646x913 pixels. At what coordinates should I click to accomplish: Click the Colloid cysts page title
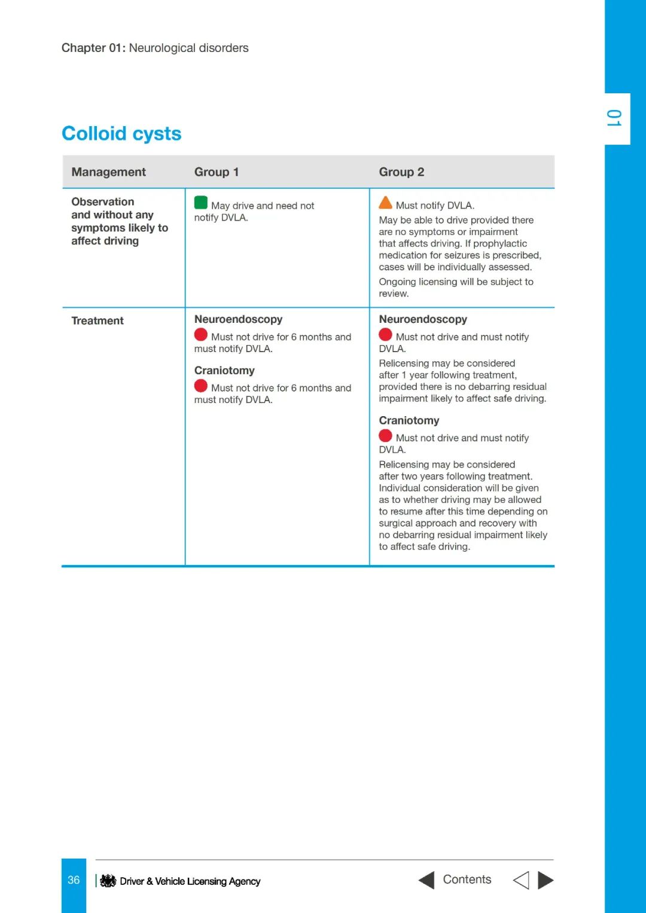121,133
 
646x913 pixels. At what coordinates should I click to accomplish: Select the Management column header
108,172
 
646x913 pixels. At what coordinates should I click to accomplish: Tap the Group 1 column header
216,172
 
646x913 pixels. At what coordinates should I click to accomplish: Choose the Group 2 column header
401,172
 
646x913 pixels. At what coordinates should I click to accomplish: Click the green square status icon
201,203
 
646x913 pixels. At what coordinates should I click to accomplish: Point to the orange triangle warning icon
385,203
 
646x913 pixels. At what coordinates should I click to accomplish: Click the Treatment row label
97,320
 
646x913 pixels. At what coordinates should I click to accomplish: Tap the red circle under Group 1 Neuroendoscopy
201,335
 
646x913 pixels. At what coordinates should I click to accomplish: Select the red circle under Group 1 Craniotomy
201,386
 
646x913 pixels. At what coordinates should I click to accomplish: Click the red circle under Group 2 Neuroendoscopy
385,335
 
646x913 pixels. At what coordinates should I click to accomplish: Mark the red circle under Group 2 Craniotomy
385,436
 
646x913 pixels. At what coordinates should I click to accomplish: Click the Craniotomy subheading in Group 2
409,420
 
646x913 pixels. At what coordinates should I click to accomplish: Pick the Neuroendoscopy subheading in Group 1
238,319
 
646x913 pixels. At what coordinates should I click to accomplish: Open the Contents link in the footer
467,880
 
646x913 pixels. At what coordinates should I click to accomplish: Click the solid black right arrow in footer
546,880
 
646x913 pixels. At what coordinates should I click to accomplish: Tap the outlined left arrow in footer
521,880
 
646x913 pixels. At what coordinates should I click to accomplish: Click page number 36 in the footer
74,880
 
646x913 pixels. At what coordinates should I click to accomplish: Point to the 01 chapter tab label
614,118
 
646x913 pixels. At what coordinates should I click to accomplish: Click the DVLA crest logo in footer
108,881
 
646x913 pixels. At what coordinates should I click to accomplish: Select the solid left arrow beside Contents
426,880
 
